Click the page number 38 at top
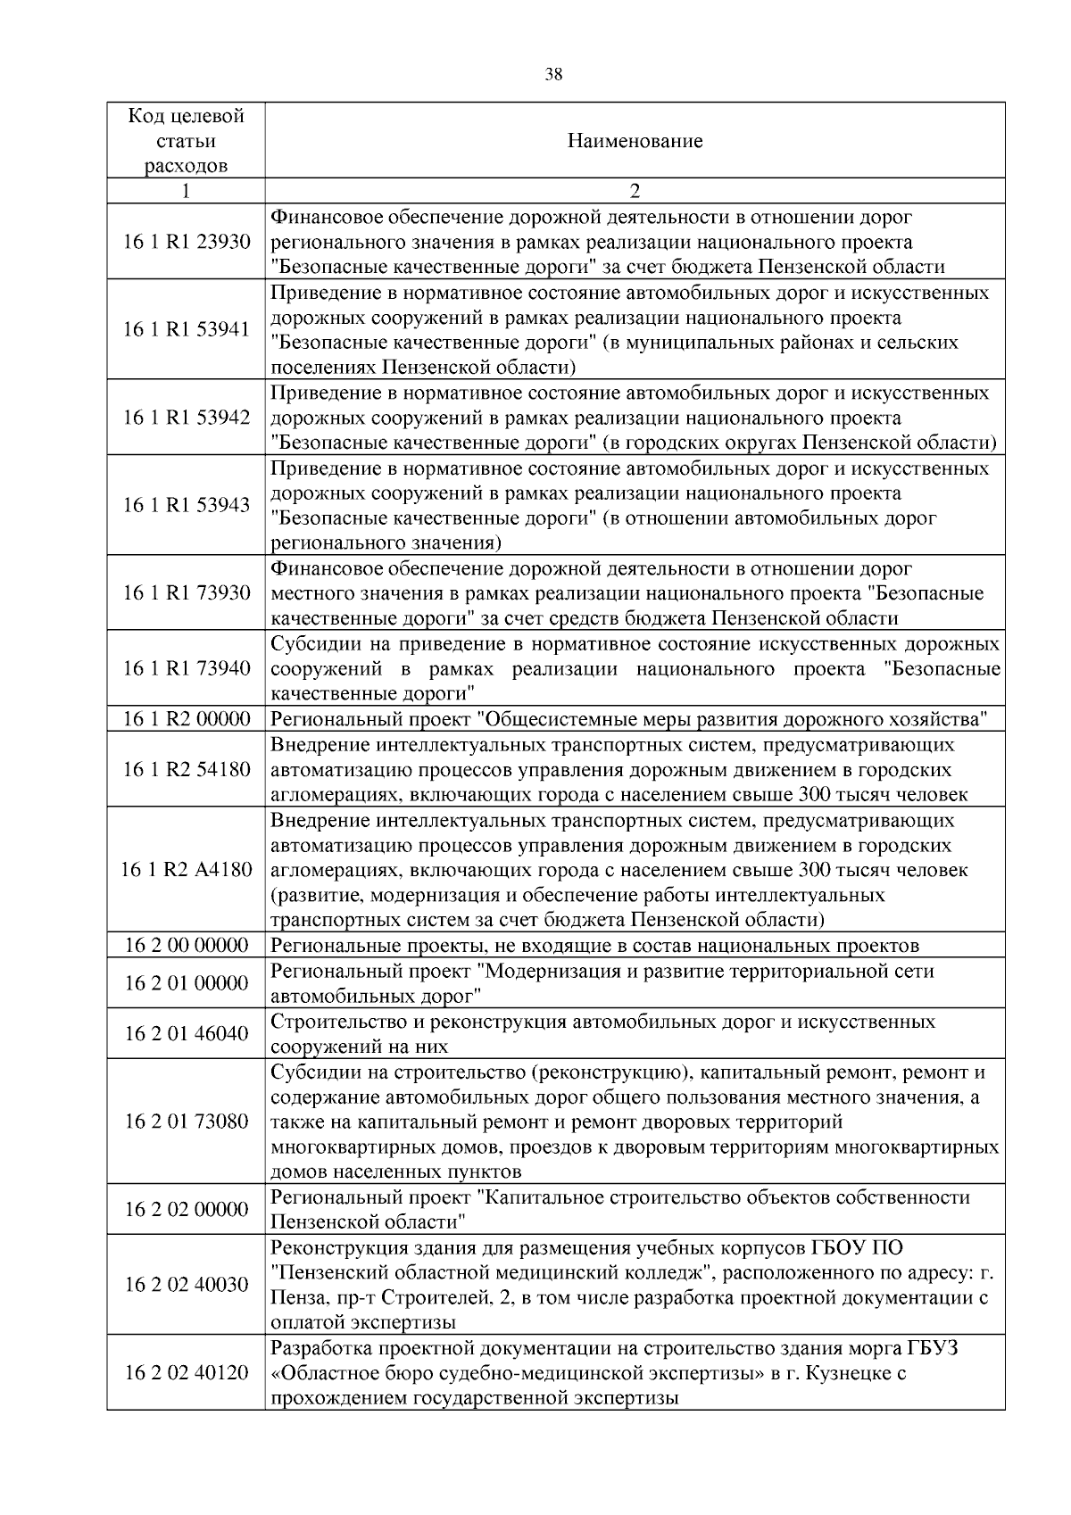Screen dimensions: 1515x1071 click(553, 75)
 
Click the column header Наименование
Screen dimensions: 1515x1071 click(635, 141)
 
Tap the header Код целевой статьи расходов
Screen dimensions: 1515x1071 click(186, 141)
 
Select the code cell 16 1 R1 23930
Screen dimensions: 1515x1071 click(186, 242)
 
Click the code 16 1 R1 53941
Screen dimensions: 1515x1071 click(186, 330)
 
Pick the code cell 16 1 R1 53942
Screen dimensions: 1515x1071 click(186, 418)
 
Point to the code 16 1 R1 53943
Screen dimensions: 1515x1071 click(186, 505)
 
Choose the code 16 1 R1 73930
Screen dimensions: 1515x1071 click(186, 593)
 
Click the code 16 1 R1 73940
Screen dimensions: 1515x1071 click(186, 668)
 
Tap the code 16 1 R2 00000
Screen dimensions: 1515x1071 click(186, 719)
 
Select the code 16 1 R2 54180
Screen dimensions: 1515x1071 click(186, 769)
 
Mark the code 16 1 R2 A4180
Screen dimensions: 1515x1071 click(186, 870)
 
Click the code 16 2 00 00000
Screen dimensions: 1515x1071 click(186, 946)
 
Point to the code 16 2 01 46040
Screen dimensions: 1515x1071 click(186, 1033)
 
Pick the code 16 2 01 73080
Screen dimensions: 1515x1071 click(186, 1122)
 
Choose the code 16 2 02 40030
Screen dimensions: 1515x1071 click(186, 1285)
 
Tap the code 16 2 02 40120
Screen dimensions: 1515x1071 click(186, 1373)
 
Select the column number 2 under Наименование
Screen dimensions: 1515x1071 click(635, 191)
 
